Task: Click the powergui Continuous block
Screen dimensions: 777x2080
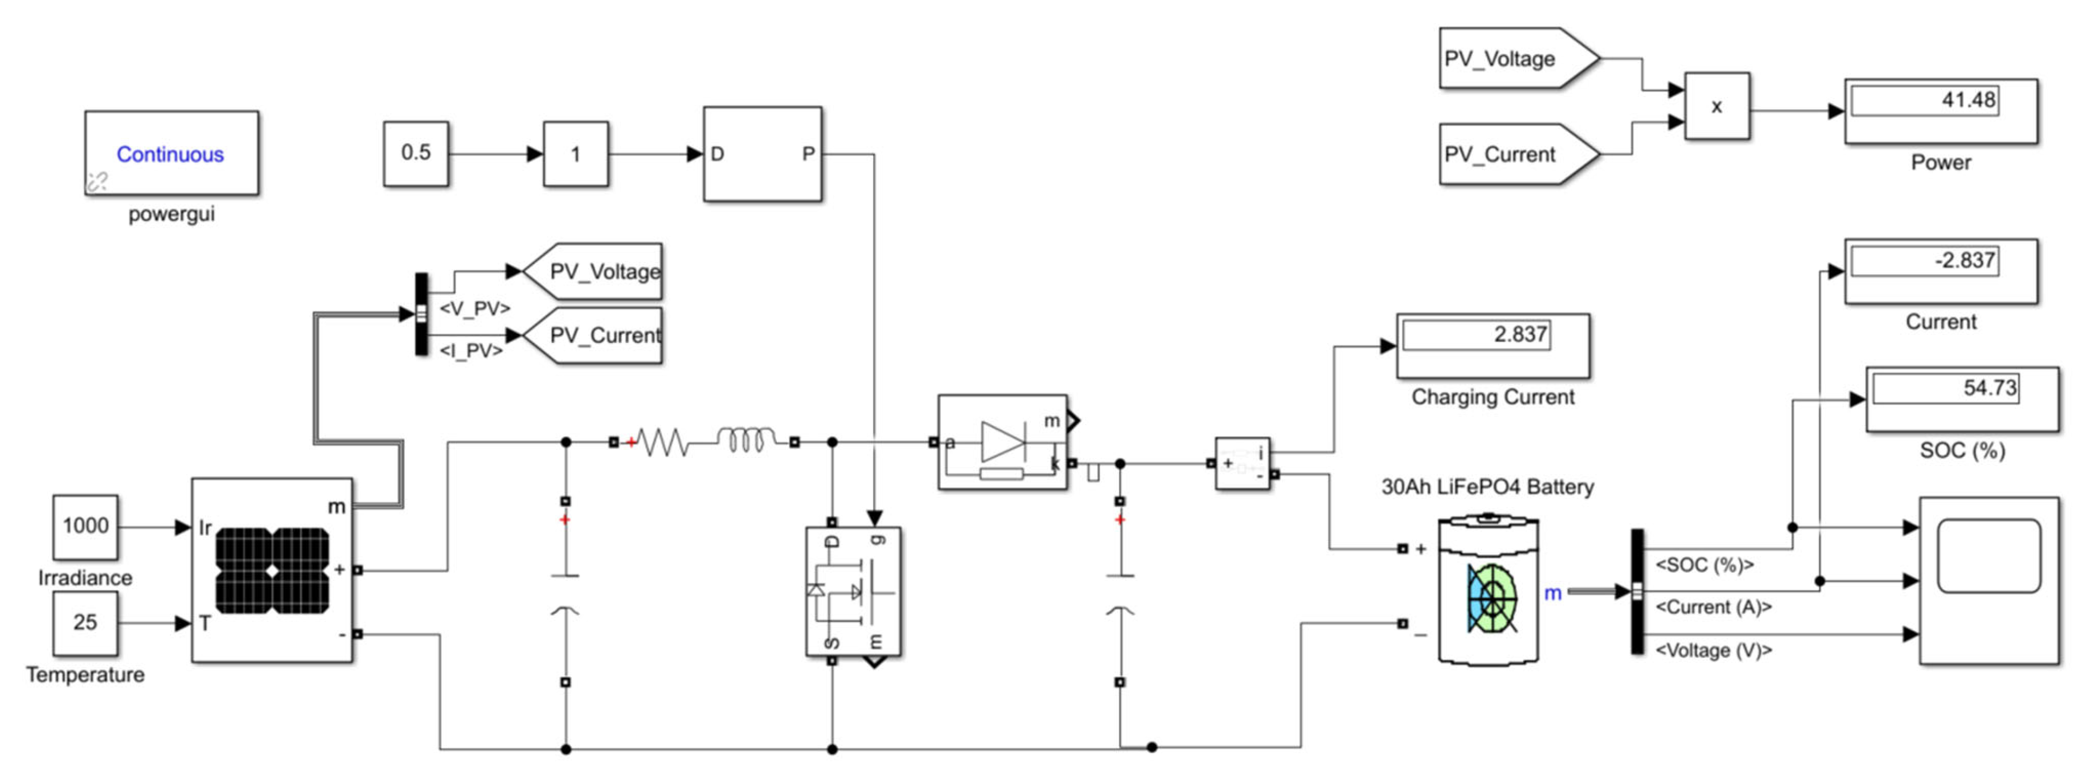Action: [171, 154]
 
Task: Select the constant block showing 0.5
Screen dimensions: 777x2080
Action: [416, 154]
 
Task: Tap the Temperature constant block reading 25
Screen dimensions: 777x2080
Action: [86, 623]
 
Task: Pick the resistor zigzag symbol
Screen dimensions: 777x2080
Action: [662, 442]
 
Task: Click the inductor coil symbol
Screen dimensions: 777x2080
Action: [746, 440]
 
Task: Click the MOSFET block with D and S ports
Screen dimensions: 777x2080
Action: [853, 591]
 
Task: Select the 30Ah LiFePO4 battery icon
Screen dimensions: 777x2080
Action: [1489, 593]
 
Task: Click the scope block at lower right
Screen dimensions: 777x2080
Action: [1988, 580]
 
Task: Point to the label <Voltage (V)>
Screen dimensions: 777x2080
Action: [1713, 650]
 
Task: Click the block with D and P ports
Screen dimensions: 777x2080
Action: [763, 154]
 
